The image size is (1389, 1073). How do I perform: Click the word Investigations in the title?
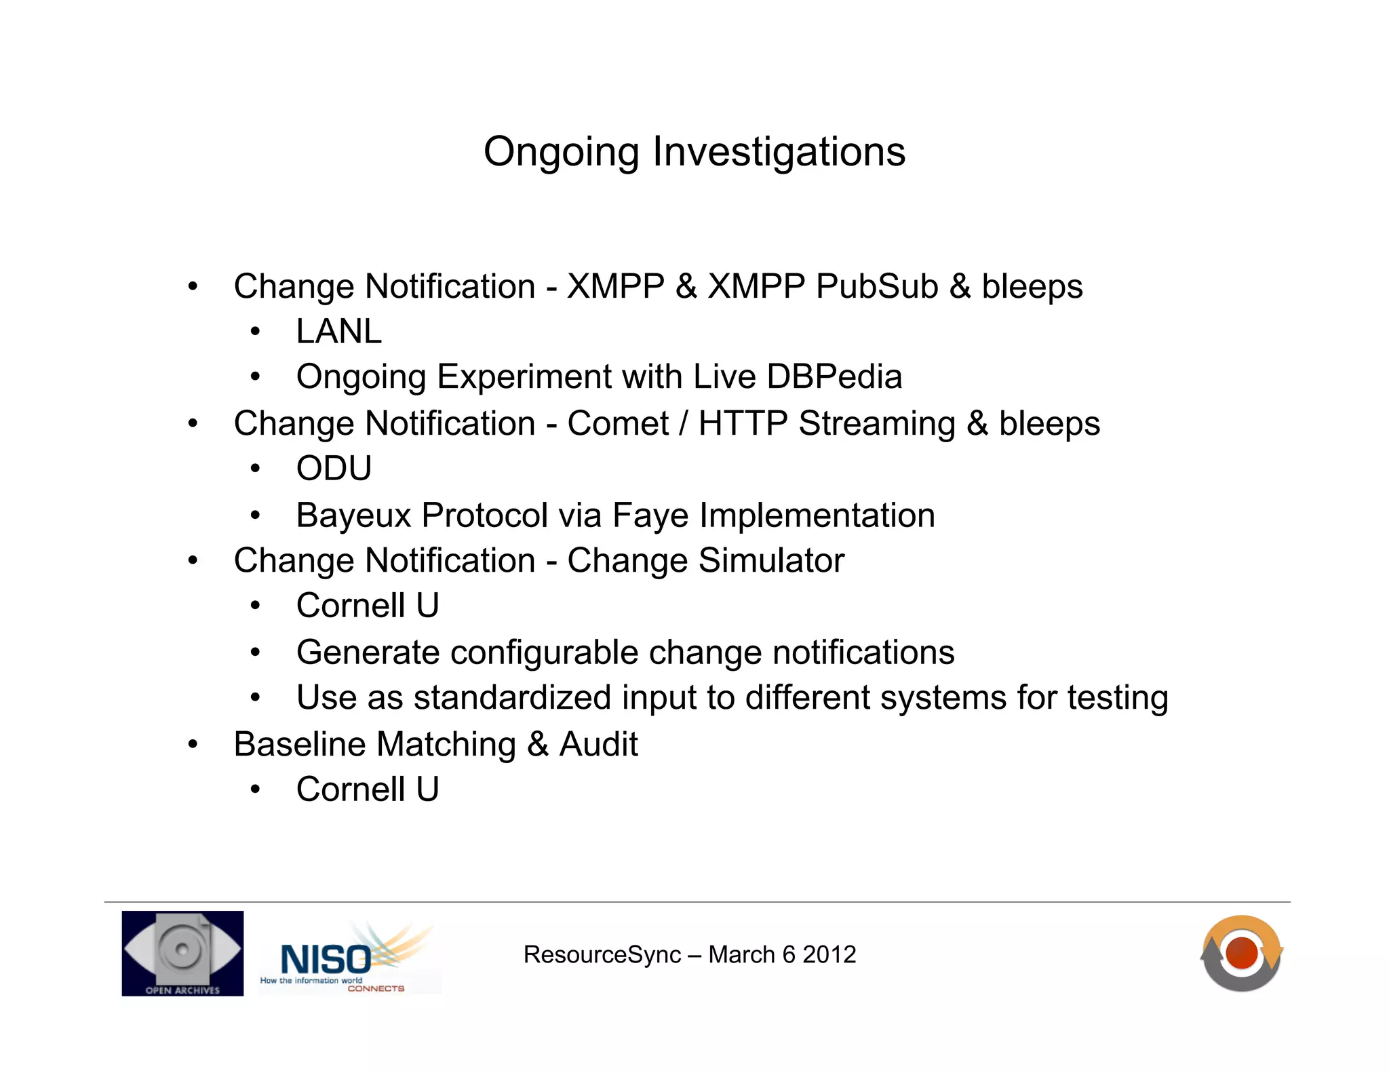click(779, 152)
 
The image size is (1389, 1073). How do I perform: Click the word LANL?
click(338, 332)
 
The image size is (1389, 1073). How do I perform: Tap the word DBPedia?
click(834, 376)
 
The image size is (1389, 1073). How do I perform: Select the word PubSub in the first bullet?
click(877, 286)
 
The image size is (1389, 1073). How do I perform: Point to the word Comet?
click(618, 424)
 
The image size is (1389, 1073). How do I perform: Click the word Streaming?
click(876, 424)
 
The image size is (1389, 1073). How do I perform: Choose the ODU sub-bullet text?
click(334, 469)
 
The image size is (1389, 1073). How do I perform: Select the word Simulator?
click(771, 561)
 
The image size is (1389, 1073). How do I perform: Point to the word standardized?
click(512, 698)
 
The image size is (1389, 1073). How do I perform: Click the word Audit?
click(598, 745)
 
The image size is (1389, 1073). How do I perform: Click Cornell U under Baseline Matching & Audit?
click(368, 789)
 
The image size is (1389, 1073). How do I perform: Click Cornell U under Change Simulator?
click(368, 606)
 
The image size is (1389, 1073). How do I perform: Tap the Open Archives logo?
click(182, 953)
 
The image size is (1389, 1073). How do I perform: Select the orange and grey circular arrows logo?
click(1241, 953)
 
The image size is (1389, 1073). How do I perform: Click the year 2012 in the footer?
click(829, 955)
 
